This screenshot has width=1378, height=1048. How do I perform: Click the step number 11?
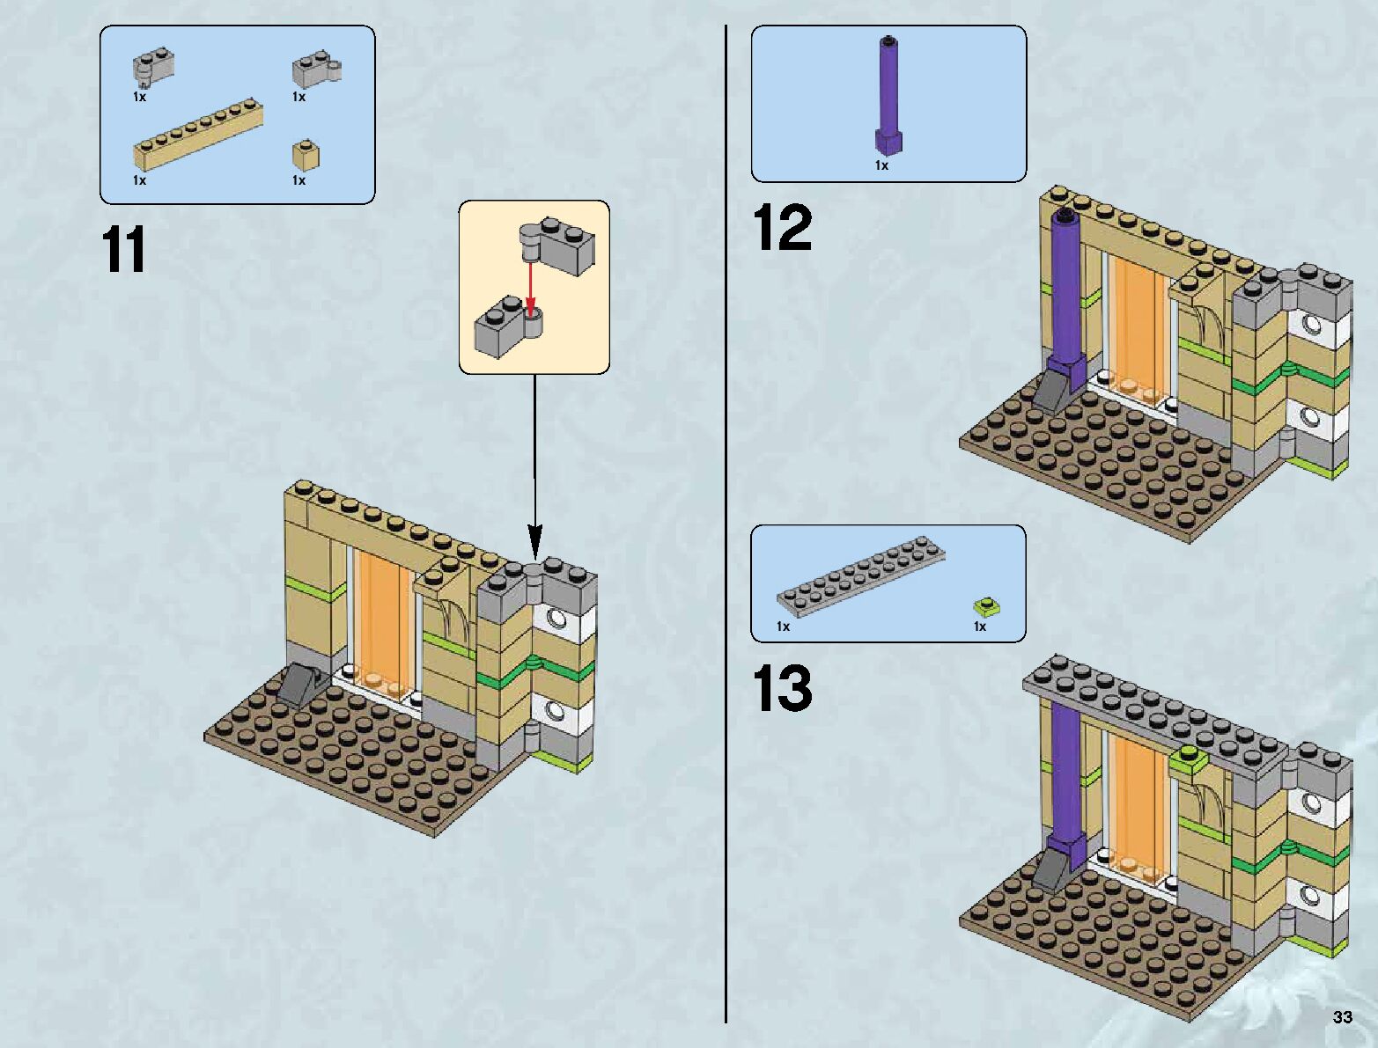pos(124,250)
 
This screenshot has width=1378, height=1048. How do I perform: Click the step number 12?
pos(782,228)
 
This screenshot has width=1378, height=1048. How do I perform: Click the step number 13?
pos(782,688)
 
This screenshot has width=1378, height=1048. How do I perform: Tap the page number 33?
pos(1342,1017)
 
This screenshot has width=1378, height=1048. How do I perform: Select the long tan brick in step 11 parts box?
pos(198,135)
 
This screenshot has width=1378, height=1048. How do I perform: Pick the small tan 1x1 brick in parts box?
pos(305,156)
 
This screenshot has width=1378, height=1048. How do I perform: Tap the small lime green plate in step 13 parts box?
pos(987,606)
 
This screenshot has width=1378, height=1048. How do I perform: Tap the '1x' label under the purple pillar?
pos(881,165)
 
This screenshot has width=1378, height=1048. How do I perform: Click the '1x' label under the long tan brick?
pos(140,180)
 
